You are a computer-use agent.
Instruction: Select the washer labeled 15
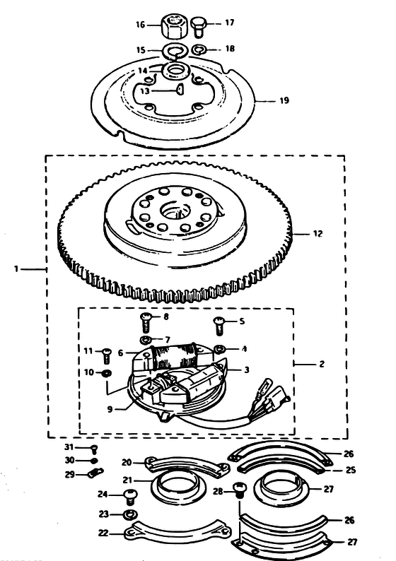pos(175,50)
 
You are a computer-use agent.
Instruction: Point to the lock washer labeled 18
pos(198,49)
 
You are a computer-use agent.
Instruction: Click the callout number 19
pos(284,101)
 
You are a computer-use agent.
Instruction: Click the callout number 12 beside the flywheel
pos(318,234)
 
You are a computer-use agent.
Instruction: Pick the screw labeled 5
pos(219,326)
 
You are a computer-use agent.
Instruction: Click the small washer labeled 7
pos(146,339)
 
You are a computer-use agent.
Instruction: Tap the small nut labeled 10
pos(106,373)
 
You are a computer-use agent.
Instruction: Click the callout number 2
pos(322,364)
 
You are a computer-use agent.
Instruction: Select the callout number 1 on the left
pos(16,268)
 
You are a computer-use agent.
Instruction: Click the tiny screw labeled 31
pos(95,449)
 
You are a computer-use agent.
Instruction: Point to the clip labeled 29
pos(95,473)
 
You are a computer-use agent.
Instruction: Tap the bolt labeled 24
pos(130,497)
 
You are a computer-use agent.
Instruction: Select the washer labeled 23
pos(129,515)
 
